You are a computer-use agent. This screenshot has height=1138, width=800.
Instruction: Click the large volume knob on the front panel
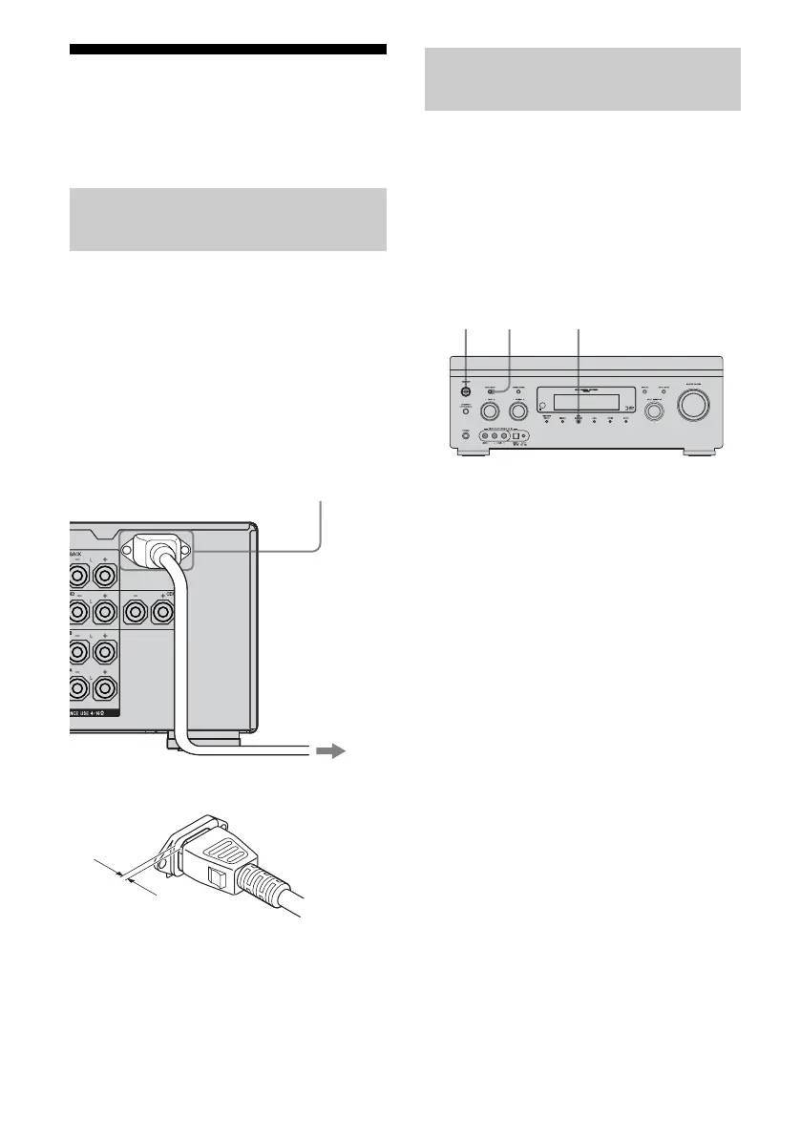[x=694, y=405]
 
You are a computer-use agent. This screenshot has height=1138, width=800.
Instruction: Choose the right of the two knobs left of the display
[x=518, y=412]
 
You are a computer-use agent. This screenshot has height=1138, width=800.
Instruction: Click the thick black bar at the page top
[x=228, y=50]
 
